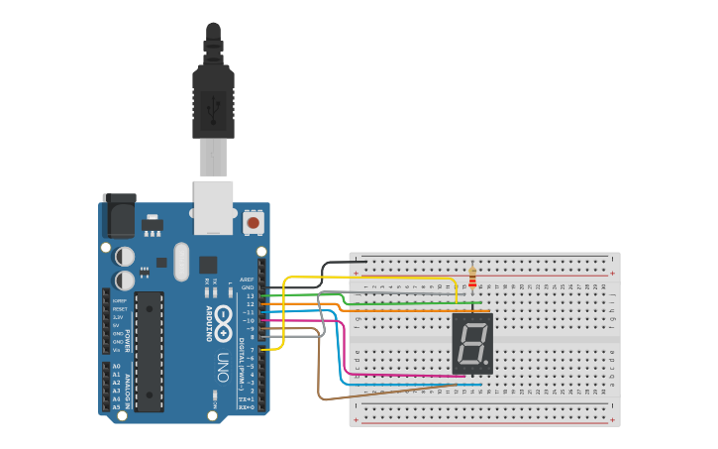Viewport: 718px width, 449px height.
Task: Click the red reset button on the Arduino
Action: [253, 223]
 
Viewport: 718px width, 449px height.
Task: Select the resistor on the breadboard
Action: [472, 277]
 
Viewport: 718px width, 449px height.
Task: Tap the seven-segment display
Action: [472, 343]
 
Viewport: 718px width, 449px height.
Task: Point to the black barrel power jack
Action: [119, 212]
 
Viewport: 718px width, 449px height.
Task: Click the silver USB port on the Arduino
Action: [213, 207]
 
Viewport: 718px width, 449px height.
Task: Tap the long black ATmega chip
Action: [150, 351]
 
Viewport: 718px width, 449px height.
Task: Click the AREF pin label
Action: [248, 280]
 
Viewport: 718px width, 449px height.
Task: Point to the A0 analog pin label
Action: [116, 367]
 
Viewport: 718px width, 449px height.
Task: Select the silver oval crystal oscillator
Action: [180, 262]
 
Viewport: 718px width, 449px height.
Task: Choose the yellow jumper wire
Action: [284, 317]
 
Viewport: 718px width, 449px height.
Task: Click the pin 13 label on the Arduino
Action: [250, 295]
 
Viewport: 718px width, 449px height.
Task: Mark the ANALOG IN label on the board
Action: [128, 387]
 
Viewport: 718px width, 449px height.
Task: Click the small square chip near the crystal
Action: [208, 265]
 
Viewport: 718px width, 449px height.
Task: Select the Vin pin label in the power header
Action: [117, 350]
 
